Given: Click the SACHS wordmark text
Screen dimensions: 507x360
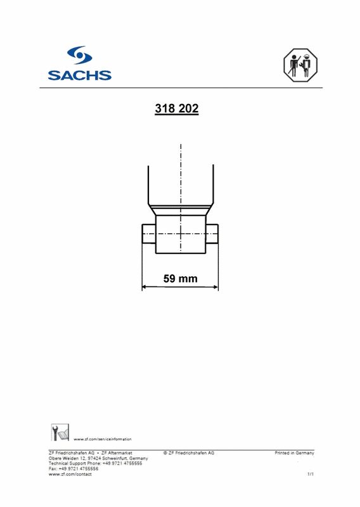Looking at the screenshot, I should pyautogui.click(x=80, y=75).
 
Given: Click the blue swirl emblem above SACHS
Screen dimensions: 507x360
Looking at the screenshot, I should pyautogui.click(x=80, y=56).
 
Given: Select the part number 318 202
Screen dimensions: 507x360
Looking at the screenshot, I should pyautogui.click(x=177, y=109).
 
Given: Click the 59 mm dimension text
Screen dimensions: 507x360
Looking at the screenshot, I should pyautogui.click(x=181, y=278).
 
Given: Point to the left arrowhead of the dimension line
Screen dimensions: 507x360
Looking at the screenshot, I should pyautogui.click(x=144, y=287).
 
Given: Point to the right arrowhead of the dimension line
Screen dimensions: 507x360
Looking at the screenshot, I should pyautogui.click(x=215, y=287).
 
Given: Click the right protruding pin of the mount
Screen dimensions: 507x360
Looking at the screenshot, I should pyautogui.click(x=212, y=234).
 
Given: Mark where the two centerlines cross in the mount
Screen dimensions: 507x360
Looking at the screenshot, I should pyautogui.click(x=181, y=234).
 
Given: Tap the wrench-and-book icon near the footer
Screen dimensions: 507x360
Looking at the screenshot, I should pyautogui.click(x=59, y=433).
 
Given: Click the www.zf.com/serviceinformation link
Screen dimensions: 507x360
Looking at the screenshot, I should pyautogui.click(x=103, y=439).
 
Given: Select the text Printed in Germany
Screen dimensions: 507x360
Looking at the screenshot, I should pyautogui.click(x=294, y=453).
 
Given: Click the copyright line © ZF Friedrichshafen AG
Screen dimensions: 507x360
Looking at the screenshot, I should pyautogui.click(x=189, y=453).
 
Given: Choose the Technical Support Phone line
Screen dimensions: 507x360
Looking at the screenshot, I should pyautogui.click(x=95, y=463).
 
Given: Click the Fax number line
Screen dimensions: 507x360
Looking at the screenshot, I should pyautogui.click(x=74, y=468).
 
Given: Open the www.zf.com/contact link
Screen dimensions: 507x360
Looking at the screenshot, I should pyautogui.click(x=70, y=474).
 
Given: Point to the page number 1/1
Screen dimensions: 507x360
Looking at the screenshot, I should pyautogui.click(x=310, y=474).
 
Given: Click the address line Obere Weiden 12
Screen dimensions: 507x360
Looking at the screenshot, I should pyautogui.click(x=98, y=458).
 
